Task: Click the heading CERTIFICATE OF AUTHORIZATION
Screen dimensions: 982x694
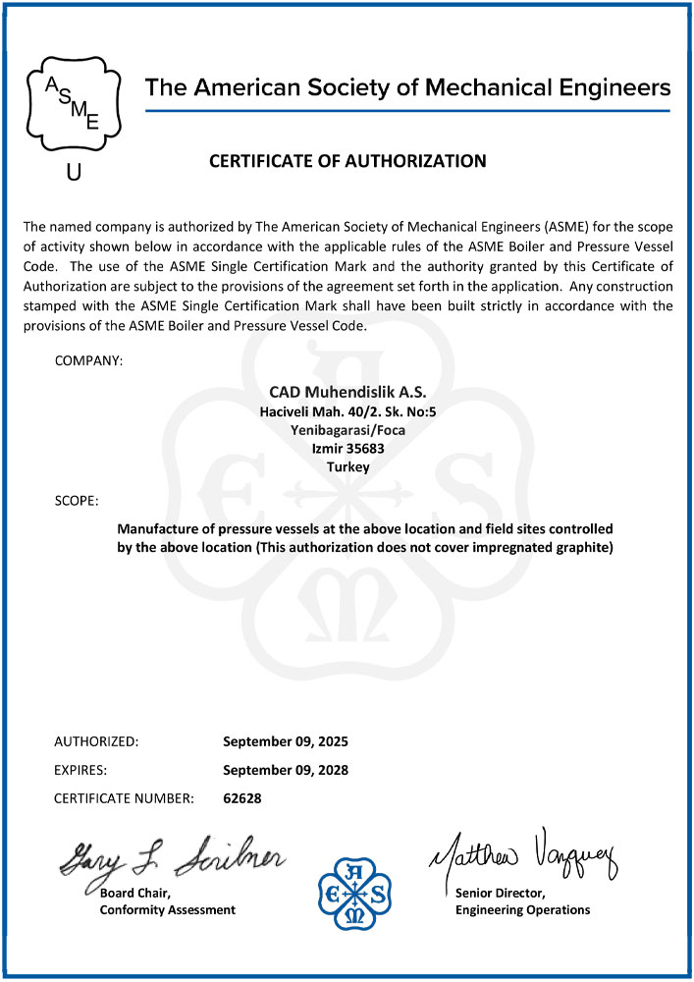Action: pos(347,161)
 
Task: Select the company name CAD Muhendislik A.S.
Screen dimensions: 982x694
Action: pos(347,392)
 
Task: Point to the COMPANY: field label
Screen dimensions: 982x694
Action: pos(88,361)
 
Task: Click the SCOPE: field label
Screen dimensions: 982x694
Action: pos(77,502)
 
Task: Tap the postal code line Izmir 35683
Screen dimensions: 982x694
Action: pos(347,449)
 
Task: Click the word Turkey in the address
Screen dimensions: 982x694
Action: pos(347,467)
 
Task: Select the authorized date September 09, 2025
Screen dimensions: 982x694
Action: pos(286,741)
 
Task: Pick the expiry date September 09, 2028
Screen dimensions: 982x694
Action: pos(286,770)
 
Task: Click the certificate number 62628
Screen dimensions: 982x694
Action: pos(242,798)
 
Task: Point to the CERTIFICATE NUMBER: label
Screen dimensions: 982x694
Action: pos(124,798)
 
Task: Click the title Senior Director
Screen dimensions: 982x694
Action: pos(502,893)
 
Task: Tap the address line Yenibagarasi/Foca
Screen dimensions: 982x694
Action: pos(347,430)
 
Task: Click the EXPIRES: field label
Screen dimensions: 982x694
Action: pos(80,770)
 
